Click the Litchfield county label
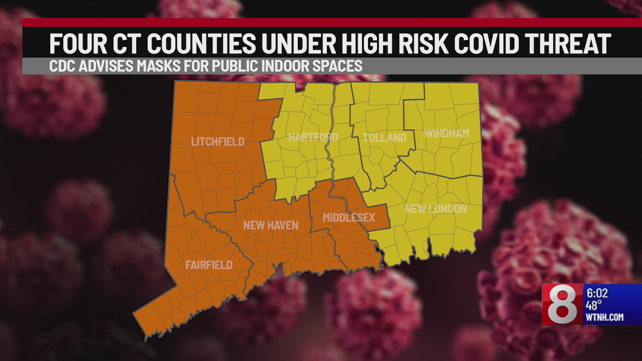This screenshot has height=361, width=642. click(218, 142)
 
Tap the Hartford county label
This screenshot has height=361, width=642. click(313, 137)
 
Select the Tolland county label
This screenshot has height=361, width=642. click(384, 137)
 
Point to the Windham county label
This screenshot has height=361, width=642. click(446, 133)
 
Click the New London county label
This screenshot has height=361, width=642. click(435, 209)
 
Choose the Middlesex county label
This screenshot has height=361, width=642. click(349, 218)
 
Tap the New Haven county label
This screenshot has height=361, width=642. click(270, 225)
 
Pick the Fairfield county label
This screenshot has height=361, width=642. click(209, 265)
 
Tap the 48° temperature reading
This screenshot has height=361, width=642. click(595, 305)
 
